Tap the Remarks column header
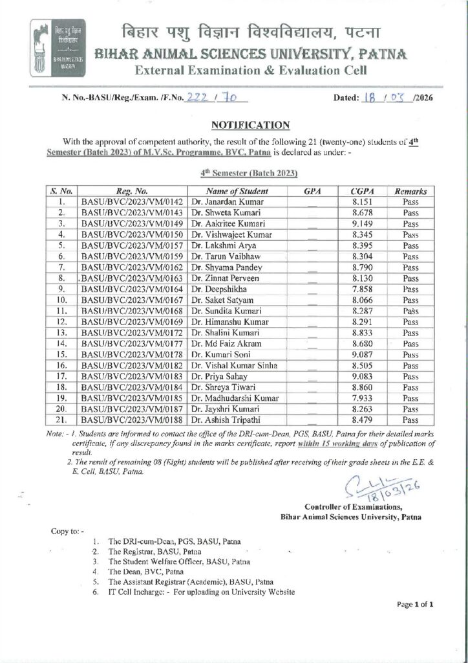click(x=410, y=192)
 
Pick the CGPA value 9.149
click(x=364, y=224)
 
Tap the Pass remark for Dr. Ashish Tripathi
click(x=410, y=420)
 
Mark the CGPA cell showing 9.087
click(x=364, y=355)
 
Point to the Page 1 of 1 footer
click(x=415, y=605)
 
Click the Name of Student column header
click(x=237, y=192)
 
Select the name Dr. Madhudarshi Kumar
click(x=234, y=398)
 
